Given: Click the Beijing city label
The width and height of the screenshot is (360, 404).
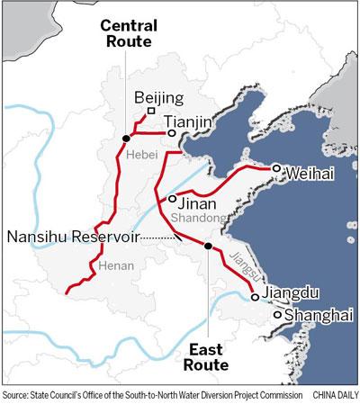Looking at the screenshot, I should click(158, 97).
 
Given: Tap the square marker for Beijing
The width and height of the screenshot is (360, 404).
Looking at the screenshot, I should click(151, 112).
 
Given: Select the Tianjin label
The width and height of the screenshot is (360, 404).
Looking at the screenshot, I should click(188, 119).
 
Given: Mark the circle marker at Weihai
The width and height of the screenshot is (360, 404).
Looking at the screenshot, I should click(277, 167).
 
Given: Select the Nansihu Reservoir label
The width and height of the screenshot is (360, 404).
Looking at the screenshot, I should click(74, 236).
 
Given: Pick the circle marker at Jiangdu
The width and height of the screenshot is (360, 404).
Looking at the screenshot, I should click(256, 296).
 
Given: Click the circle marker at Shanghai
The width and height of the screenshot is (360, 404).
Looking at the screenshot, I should click(277, 315).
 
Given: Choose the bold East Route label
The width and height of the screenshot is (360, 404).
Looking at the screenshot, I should click(205, 357).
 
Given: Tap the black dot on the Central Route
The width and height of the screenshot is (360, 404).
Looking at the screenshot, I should click(126, 138).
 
